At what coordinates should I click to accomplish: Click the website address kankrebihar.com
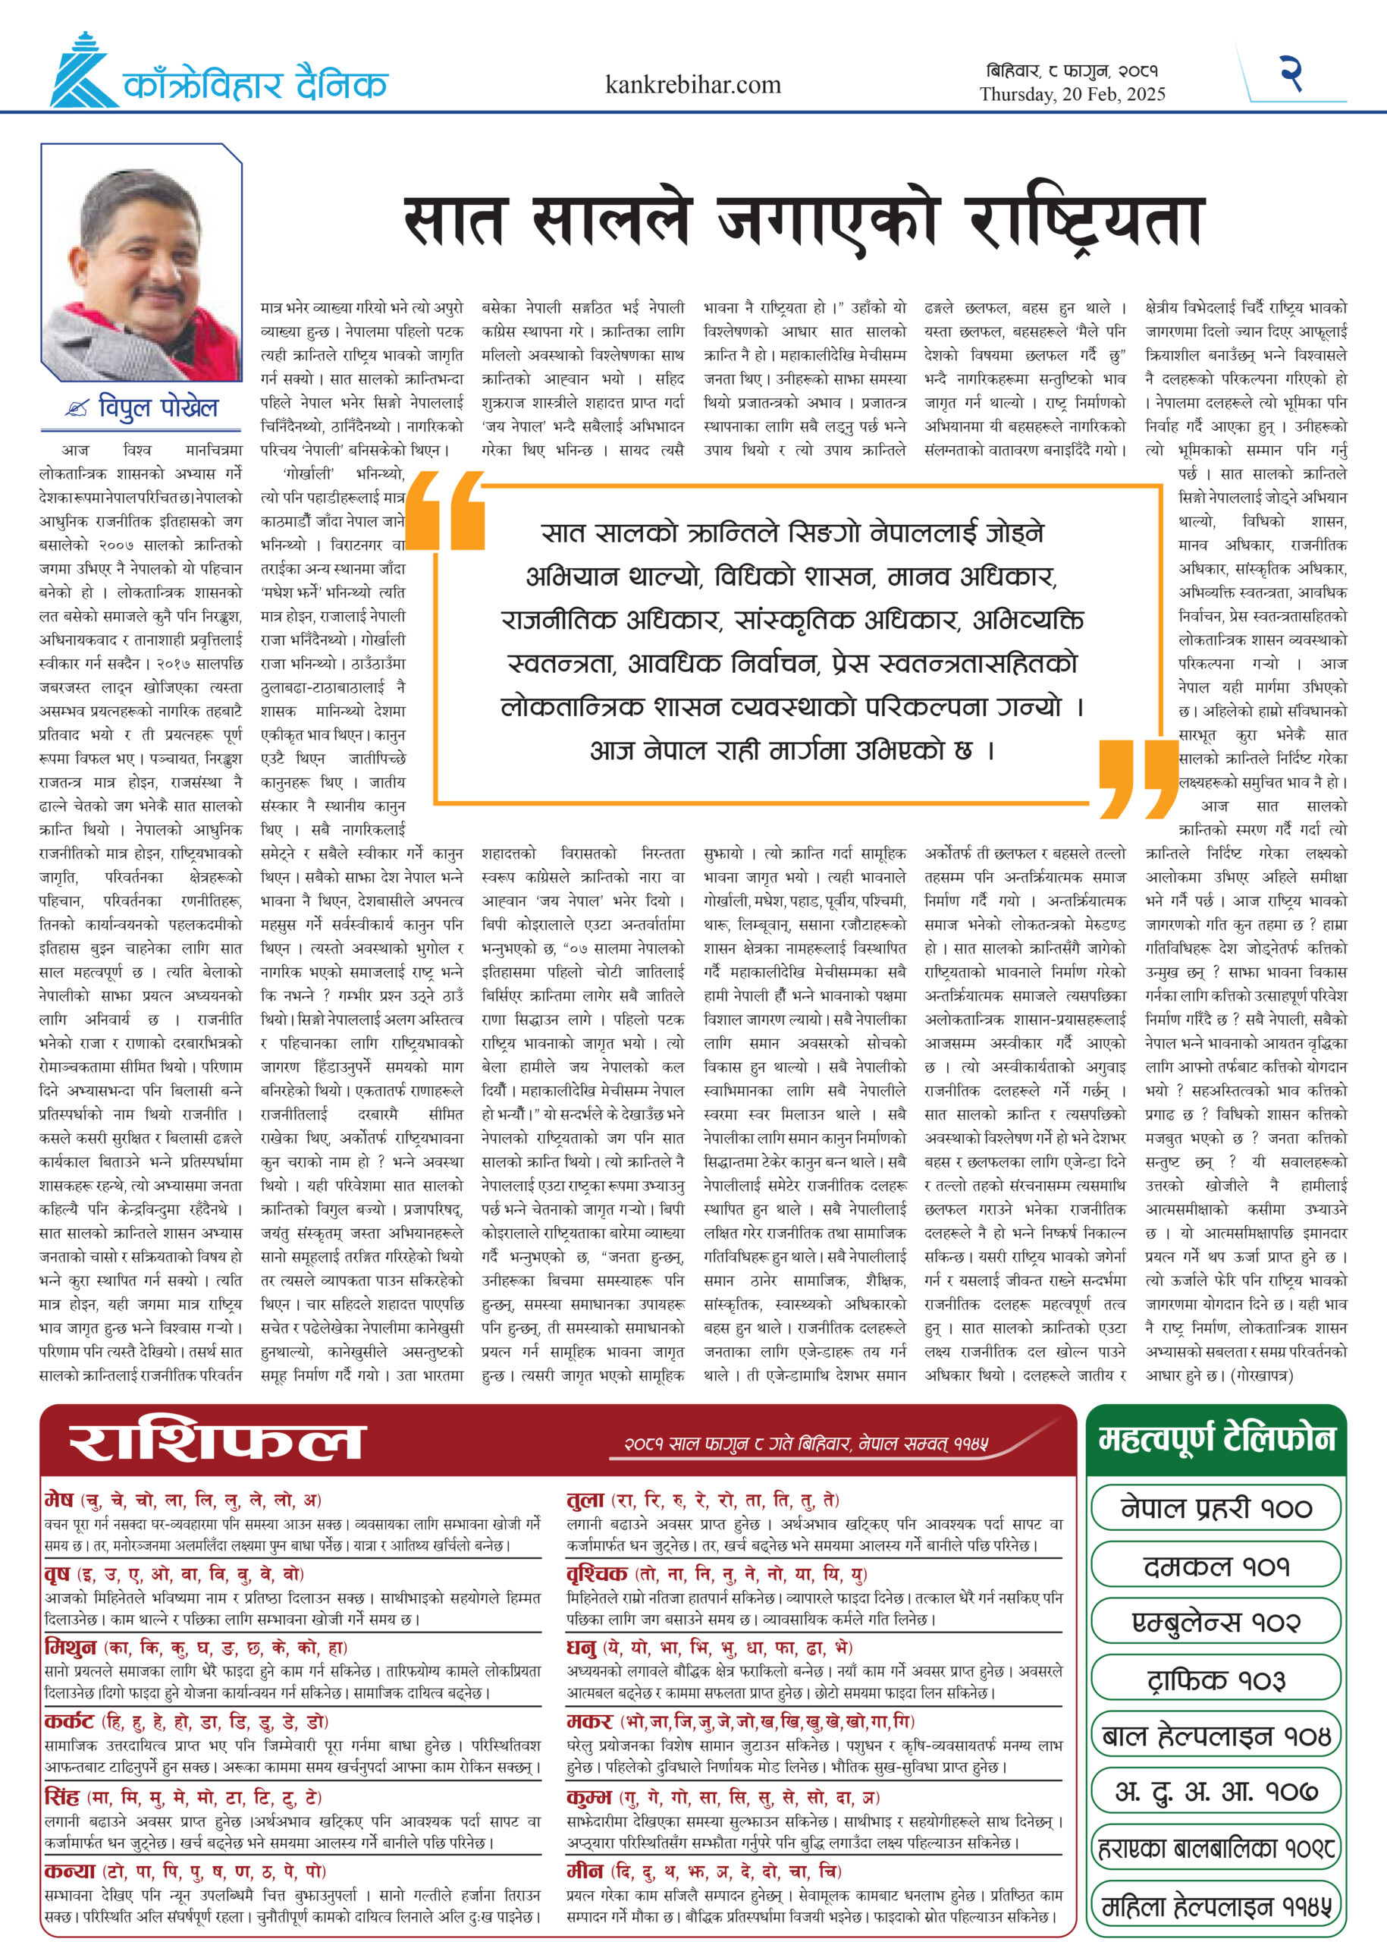692,85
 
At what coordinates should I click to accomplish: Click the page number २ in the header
1291,74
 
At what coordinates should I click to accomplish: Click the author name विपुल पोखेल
158,407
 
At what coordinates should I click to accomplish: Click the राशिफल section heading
217,1441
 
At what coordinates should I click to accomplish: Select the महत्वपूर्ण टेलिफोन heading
1216,1439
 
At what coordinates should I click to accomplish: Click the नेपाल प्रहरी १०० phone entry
1216,1508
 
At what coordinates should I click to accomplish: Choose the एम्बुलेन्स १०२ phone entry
1216,1623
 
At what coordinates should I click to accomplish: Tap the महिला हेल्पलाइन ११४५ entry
1216,1906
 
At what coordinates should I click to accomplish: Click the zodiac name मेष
59,1500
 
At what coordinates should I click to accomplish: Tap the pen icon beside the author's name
77,409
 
